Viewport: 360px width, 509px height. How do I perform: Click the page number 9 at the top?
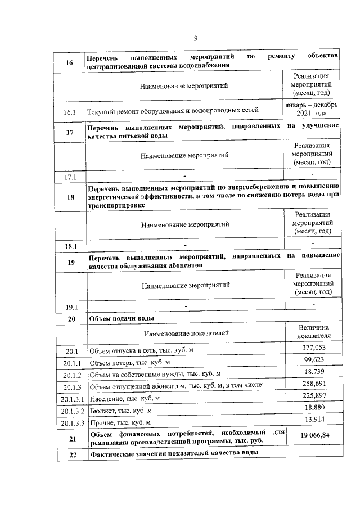click(196, 38)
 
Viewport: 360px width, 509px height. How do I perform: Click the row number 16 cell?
click(70, 62)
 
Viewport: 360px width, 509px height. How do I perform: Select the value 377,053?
click(314, 348)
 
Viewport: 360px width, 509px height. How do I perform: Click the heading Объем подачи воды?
click(122, 318)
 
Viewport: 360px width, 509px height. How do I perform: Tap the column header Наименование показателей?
click(186, 333)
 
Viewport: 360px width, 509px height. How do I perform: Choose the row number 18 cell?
click(70, 197)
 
